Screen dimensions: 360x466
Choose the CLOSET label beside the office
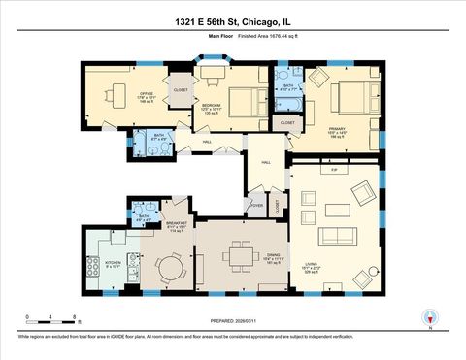[x=181, y=90]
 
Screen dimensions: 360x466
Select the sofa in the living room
[x=339, y=235]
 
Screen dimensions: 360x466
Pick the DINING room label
[x=273, y=256]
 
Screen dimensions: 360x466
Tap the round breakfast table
[x=172, y=265]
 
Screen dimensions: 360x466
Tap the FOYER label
[x=257, y=206]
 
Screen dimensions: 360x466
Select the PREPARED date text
[x=233, y=321]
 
